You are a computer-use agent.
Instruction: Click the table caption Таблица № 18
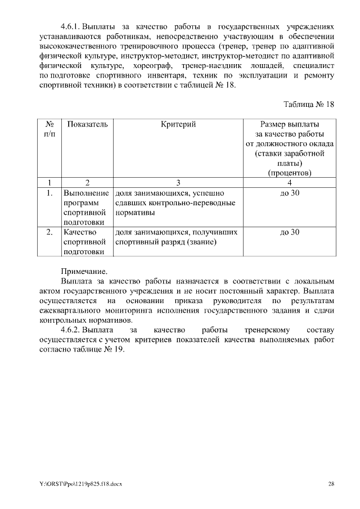point(309,105)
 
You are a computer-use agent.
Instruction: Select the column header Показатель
point(87,124)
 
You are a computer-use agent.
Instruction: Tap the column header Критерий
point(178,124)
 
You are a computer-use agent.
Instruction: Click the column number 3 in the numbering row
point(178,182)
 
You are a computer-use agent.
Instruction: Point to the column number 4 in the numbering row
point(290,182)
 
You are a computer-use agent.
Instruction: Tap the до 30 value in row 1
point(290,193)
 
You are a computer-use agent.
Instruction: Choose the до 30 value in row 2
point(290,232)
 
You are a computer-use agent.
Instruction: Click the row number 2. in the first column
point(49,232)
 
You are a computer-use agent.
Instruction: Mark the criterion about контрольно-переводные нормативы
point(175,203)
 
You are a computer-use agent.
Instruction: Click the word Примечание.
point(83,271)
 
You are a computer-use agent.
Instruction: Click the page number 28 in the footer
point(331,484)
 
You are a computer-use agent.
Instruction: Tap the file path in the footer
point(78,484)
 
